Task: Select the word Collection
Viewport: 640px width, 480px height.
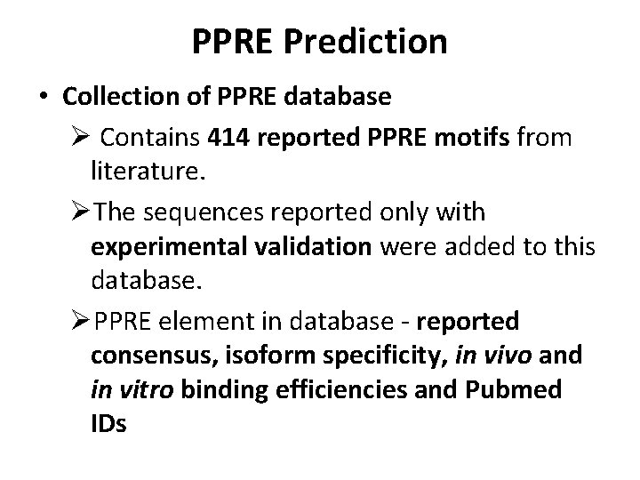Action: pyautogui.click(x=132, y=97)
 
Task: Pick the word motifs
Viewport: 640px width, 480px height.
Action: pyautogui.click(x=477, y=139)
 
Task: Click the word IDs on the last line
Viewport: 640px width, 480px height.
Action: pyautogui.click(x=108, y=426)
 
